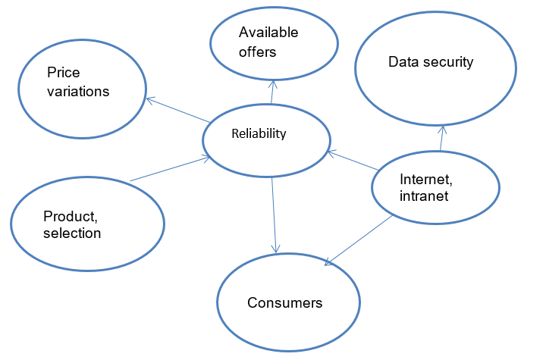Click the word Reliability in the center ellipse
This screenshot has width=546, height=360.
259,134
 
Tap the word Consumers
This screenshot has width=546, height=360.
284,303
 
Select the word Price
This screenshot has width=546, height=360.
63,74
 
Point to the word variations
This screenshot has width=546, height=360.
78,92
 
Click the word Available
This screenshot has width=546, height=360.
268,33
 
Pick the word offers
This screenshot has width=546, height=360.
257,52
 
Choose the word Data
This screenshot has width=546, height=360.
403,62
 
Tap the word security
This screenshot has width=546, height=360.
447,62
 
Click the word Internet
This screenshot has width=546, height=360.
425,180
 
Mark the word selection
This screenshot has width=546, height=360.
72,233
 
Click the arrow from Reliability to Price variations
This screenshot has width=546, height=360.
178,110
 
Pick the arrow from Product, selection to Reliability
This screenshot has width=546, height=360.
170,169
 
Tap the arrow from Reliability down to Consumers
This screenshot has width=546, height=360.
274,212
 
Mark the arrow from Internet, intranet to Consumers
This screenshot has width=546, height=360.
359,239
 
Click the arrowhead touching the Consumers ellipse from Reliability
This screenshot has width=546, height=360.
276,247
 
